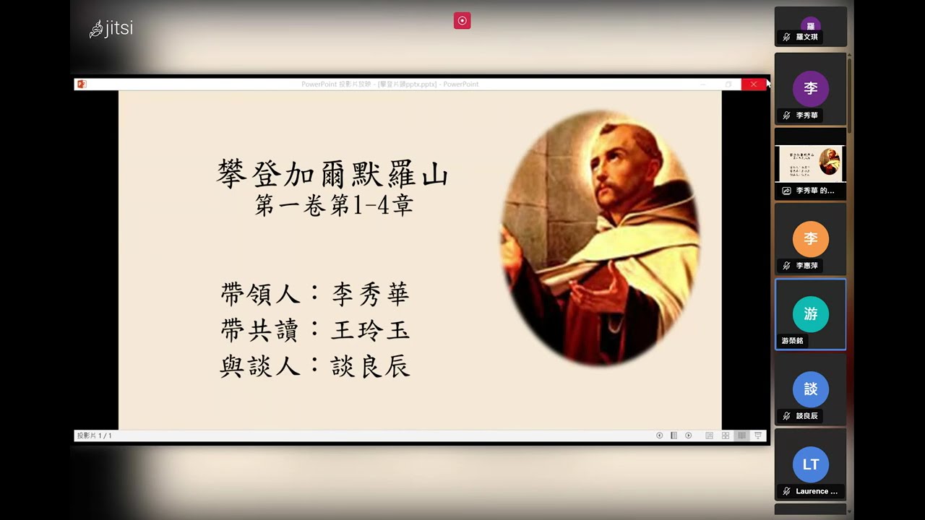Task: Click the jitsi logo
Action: [x=111, y=29]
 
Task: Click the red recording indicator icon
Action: [x=462, y=21]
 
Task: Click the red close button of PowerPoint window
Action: [x=754, y=84]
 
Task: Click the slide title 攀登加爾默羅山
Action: [x=333, y=175]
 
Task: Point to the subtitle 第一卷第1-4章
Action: [x=334, y=206]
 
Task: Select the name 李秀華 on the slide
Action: [x=371, y=294]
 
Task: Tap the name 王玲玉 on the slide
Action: [x=371, y=330]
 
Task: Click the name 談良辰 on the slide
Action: [x=371, y=366]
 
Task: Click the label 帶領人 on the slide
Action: [x=260, y=294]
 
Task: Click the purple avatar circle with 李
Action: [x=810, y=89]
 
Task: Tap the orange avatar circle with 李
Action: [x=810, y=239]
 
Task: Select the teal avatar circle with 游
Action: [x=810, y=314]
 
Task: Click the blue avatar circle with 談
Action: [x=810, y=389]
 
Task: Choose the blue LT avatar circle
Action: [x=810, y=464]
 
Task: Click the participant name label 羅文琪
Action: [x=806, y=37]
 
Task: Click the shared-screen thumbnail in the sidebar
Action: [x=810, y=163]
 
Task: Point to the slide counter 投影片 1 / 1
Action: [x=95, y=435]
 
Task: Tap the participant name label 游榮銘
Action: [x=792, y=341]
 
